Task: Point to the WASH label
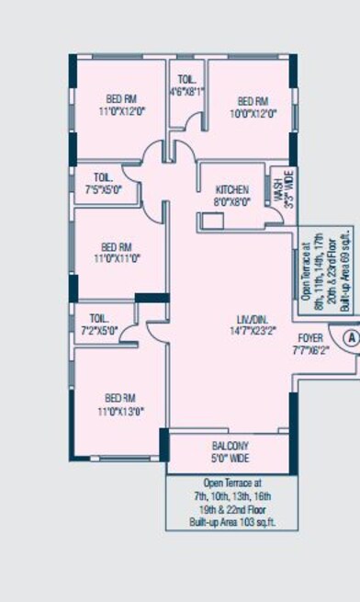pos(278,190)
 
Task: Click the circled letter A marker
pos(349,337)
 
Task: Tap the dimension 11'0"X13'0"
pos(120,411)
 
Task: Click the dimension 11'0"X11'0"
pos(119,260)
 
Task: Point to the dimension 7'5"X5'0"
pos(103,190)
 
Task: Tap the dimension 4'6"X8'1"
pos(186,92)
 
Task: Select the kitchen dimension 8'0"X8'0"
pos(231,201)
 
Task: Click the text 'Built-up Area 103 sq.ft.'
pos(232,522)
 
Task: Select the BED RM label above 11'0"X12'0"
pos(119,98)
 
